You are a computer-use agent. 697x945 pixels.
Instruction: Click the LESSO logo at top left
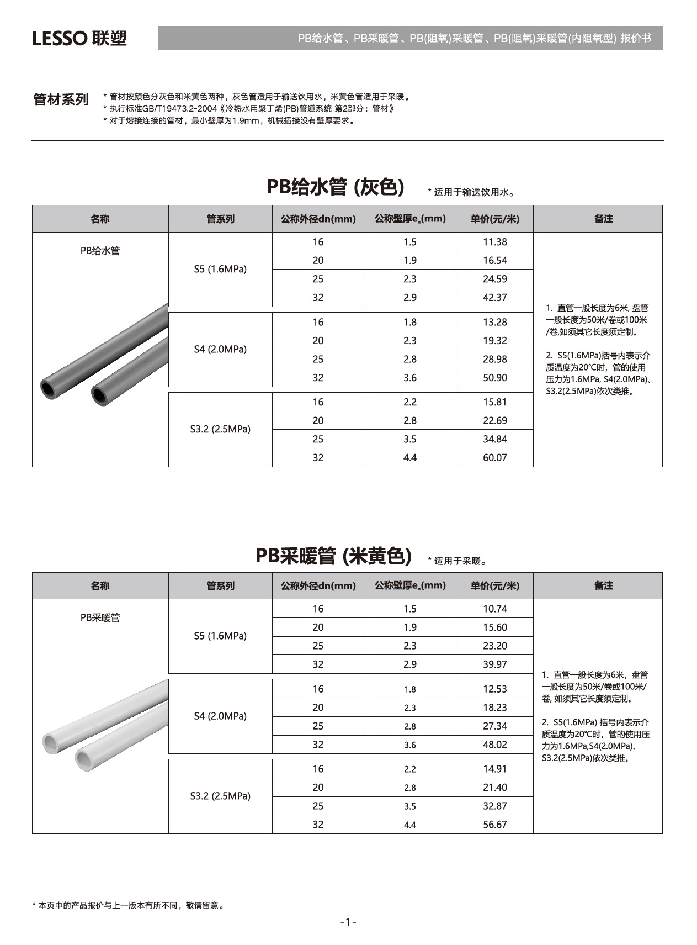[79, 38]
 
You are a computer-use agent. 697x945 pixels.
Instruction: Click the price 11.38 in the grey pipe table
[494, 242]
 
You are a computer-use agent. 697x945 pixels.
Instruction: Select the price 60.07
[494, 458]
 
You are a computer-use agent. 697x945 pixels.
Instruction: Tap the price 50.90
[494, 378]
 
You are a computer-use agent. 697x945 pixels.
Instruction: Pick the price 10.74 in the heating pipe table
[494, 609]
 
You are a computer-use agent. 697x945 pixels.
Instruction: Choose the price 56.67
[494, 825]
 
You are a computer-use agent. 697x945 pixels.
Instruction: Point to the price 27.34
[494, 726]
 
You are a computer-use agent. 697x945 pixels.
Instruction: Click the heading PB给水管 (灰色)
[336, 187]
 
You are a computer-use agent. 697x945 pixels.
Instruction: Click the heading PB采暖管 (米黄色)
[333, 556]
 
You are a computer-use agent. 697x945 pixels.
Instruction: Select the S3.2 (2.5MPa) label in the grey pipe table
[220, 429]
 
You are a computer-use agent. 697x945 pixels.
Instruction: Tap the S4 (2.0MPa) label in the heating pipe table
[220, 716]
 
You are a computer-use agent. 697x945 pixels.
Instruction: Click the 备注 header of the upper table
[603, 219]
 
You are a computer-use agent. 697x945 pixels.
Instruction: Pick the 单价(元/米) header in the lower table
[494, 586]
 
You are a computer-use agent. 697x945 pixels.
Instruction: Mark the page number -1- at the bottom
[348, 922]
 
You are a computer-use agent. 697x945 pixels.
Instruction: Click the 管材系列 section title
[61, 100]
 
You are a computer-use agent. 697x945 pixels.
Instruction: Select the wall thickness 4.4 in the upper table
[409, 458]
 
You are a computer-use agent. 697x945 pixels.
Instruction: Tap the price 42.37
[494, 298]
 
